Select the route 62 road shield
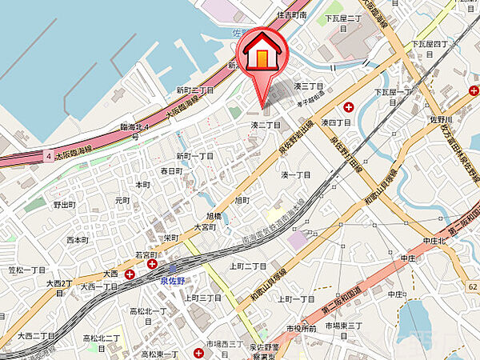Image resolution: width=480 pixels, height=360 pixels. [x=473, y=286]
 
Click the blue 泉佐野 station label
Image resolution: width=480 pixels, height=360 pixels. [x=172, y=280]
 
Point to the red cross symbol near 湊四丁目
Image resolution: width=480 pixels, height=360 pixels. [x=349, y=107]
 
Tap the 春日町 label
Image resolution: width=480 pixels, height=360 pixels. [x=171, y=170]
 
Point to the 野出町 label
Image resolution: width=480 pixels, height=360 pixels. [x=65, y=206]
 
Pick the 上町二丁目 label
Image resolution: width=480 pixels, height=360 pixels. [x=247, y=266]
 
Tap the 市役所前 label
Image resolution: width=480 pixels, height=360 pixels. [x=302, y=329]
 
